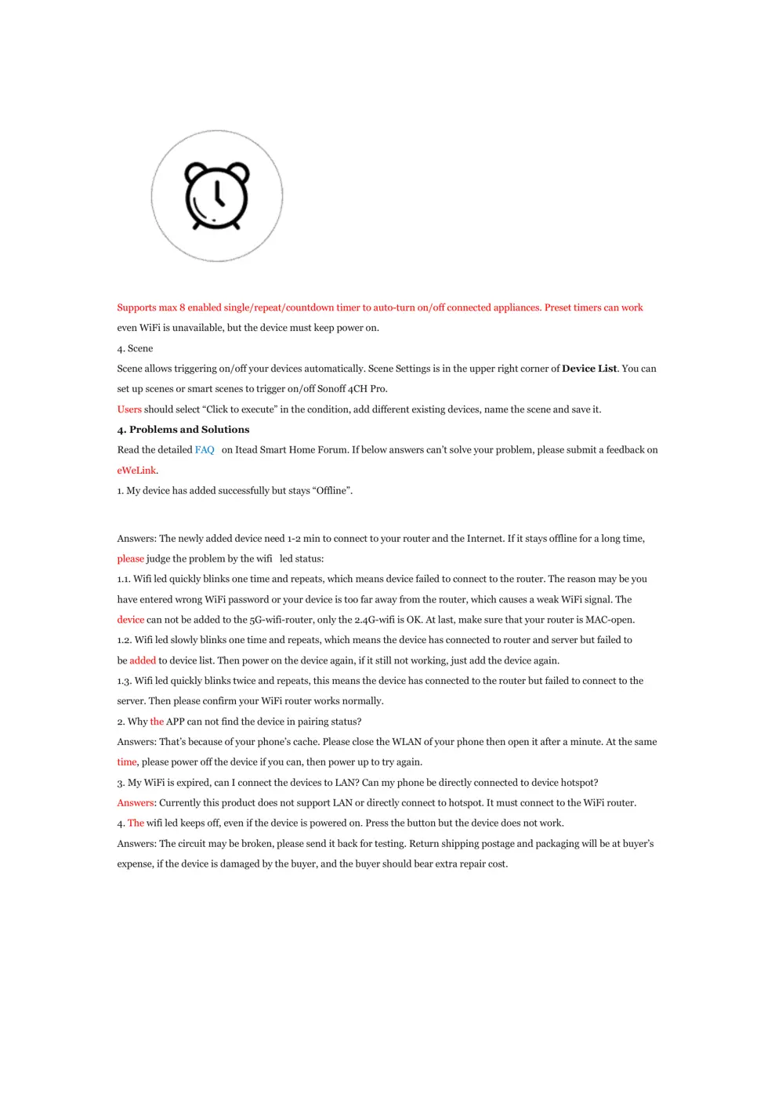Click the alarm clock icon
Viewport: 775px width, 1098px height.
click(217, 196)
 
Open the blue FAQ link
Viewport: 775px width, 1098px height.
click(205, 450)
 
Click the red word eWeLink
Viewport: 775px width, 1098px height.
click(136, 471)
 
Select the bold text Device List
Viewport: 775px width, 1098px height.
click(589, 369)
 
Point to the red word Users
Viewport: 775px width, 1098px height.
click(129, 409)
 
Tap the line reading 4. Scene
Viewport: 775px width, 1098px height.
click(135, 348)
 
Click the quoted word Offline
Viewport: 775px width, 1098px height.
click(332, 491)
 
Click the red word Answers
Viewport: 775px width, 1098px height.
click(136, 803)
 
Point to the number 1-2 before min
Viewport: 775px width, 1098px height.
click(294, 539)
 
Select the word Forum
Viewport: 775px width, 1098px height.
click(331, 450)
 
